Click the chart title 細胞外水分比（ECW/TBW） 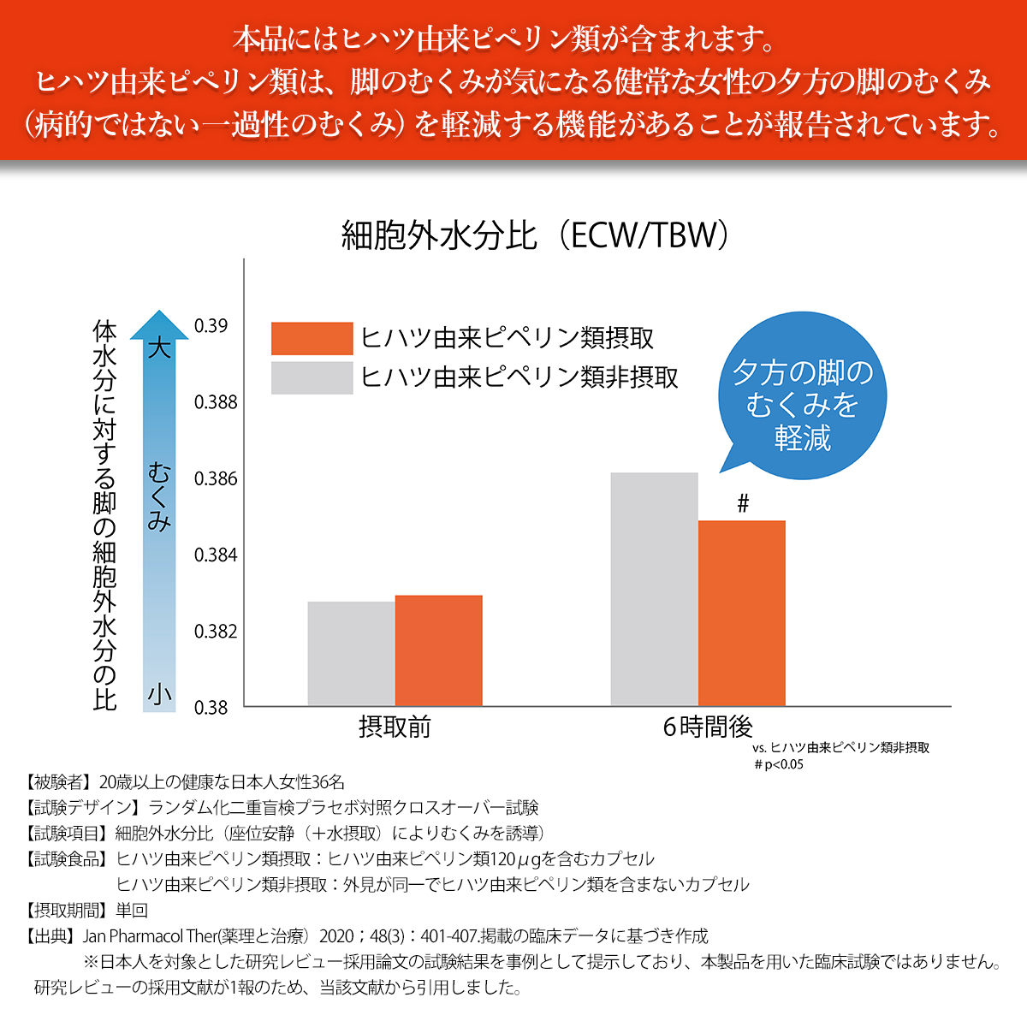point(535,235)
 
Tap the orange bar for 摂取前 point(438,650)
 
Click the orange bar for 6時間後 point(741,613)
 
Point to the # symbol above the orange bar point(743,504)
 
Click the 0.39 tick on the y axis point(211,326)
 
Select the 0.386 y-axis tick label point(216,478)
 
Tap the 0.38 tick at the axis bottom point(211,708)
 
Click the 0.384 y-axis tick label point(216,555)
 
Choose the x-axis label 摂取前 point(395,727)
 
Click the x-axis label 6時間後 point(708,727)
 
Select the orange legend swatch point(312,338)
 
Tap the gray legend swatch point(312,377)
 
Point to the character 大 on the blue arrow point(159,348)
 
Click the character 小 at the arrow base point(159,693)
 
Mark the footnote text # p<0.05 point(779,764)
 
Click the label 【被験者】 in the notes point(58,782)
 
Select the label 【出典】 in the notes point(50,936)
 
